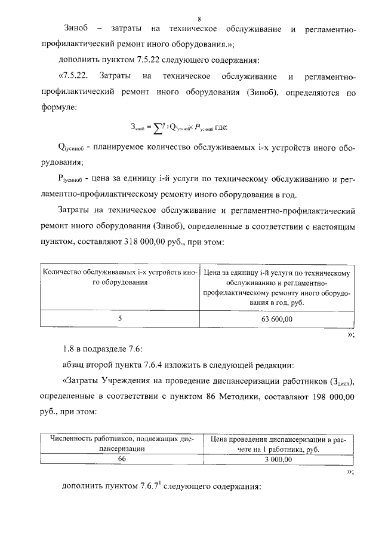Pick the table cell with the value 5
(x=119, y=319)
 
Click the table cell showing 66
(x=122, y=459)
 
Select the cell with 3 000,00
(x=278, y=459)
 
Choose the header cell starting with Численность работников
(x=122, y=443)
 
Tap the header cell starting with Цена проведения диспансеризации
(x=278, y=443)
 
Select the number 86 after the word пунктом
(x=216, y=397)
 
